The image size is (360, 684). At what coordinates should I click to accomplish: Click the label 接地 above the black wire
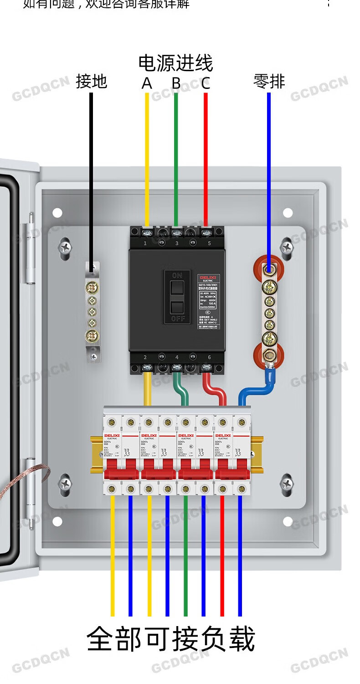91,81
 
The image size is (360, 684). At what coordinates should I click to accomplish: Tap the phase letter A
147,83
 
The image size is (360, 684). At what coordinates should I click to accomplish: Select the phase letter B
176,83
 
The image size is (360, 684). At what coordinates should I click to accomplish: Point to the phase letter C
206,83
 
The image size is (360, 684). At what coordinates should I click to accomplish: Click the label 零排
269,81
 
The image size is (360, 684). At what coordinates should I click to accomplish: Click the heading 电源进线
175,63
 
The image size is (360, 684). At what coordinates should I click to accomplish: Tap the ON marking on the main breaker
177,275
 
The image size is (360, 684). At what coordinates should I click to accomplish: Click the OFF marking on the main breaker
177,319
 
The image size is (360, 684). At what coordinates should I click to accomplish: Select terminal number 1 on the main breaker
145,244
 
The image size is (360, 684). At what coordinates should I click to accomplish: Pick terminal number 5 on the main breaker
209,244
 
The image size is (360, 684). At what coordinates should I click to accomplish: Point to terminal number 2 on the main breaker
145,358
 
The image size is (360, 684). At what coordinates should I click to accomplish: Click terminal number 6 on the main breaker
209,358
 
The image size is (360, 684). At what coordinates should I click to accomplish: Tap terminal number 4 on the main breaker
177,358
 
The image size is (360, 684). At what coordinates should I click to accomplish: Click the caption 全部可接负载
170,639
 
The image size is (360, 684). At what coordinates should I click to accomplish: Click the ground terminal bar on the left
93,312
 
